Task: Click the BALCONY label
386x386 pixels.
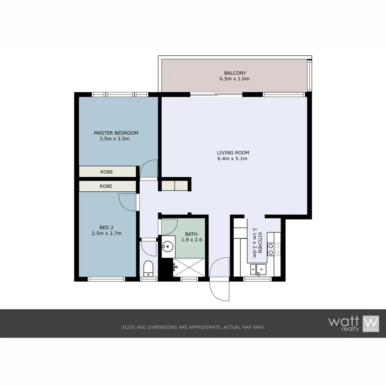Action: click(235, 73)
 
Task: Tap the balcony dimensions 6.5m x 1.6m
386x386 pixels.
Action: click(235, 79)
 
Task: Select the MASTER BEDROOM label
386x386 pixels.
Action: click(116, 133)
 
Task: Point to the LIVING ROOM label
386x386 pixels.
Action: click(233, 153)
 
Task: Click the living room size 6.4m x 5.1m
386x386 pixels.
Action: click(233, 159)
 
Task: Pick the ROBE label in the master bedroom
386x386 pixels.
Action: click(106, 172)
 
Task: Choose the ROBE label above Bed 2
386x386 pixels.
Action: click(106, 186)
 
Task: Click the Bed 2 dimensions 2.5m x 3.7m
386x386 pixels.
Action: click(106, 234)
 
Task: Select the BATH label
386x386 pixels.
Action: click(191, 234)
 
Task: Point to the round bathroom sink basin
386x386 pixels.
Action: click(168, 247)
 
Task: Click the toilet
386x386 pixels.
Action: click(148, 268)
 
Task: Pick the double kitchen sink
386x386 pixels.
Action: click(259, 269)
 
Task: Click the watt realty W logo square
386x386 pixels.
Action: click(371, 323)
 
